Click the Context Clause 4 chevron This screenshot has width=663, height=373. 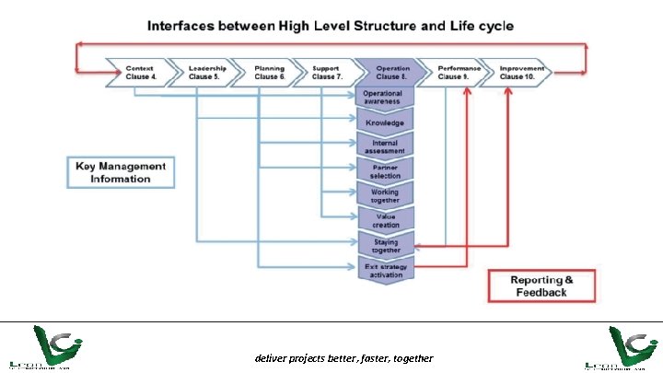140,72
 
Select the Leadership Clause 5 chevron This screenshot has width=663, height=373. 203,72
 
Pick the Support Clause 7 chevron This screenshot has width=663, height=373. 326,72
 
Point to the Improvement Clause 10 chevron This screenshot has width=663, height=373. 518,72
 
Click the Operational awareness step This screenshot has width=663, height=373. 385,98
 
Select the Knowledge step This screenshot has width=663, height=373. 385,122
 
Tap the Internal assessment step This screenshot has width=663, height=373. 385,146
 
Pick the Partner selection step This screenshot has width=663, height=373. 385,171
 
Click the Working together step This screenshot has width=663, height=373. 385,196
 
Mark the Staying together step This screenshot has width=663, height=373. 385,246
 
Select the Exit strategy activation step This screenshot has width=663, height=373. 385,270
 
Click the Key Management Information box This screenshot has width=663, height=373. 120,172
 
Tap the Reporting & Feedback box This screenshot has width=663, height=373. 542,286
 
